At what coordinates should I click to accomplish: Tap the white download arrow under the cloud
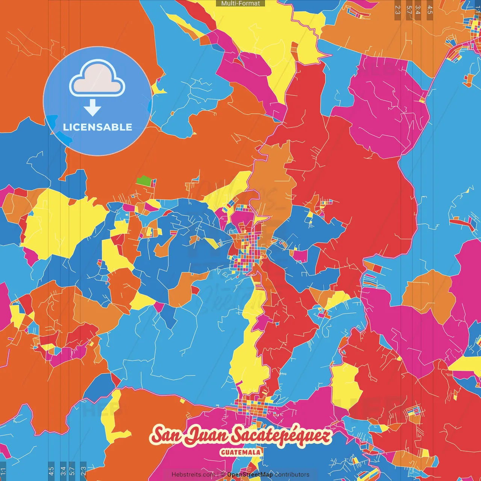click(92, 108)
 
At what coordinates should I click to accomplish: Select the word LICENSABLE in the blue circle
click(98, 127)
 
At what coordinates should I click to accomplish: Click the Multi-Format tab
click(240, 3)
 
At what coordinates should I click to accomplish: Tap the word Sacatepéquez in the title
click(280, 436)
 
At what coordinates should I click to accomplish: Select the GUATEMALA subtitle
click(240, 452)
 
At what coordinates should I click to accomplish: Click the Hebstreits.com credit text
click(193, 475)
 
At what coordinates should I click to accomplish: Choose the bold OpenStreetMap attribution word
click(250, 475)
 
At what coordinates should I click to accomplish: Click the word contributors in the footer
click(292, 475)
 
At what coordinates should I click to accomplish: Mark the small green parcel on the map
click(144, 181)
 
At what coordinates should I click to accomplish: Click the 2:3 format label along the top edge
click(398, 9)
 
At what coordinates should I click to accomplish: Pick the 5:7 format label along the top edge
click(409, 9)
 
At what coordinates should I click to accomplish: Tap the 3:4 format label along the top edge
click(418, 9)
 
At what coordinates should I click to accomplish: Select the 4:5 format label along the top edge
click(430, 9)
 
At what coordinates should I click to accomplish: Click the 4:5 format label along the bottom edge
click(51, 471)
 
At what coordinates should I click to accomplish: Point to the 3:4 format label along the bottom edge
click(63, 471)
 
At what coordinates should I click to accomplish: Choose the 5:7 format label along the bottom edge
click(72, 471)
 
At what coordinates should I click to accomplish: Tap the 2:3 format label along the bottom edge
click(83, 471)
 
